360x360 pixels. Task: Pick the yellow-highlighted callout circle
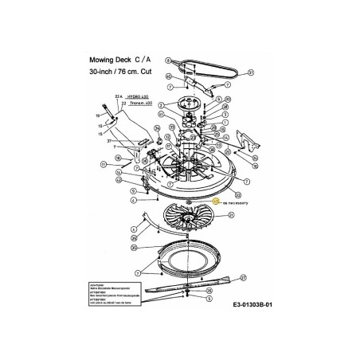pyautogui.click(x=216, y=202)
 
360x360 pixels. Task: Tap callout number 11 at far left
pyautogui.click(x=104, y=164)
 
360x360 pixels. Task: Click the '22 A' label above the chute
pyautogui.click(x=120, y=96)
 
